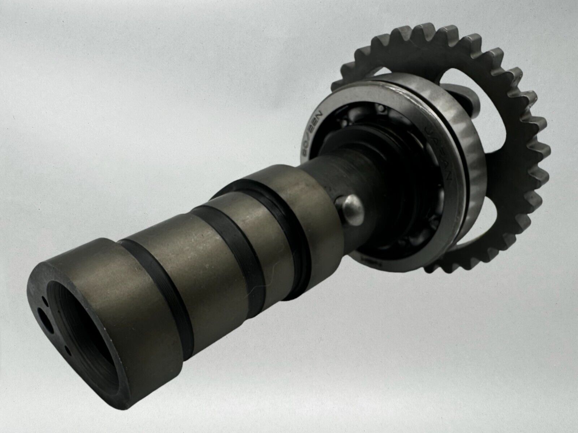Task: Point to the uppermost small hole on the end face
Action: pos(44,299)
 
